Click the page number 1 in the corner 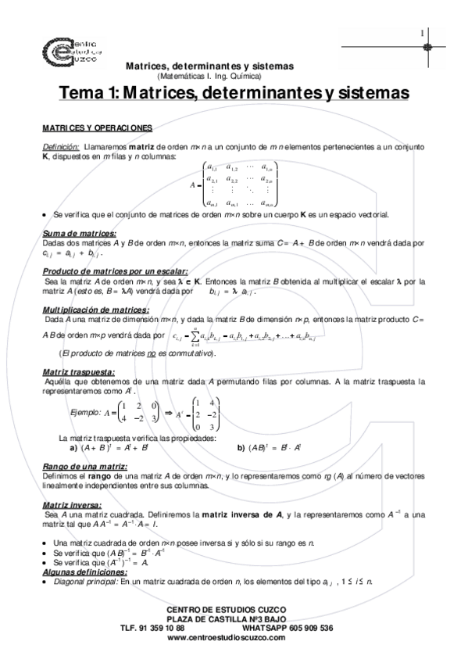click(x=421, y=33)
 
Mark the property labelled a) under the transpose click(x=117, y=448)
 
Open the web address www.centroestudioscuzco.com click(x=227, y=637)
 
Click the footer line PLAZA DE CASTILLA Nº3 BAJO click(x=227, y=618)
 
